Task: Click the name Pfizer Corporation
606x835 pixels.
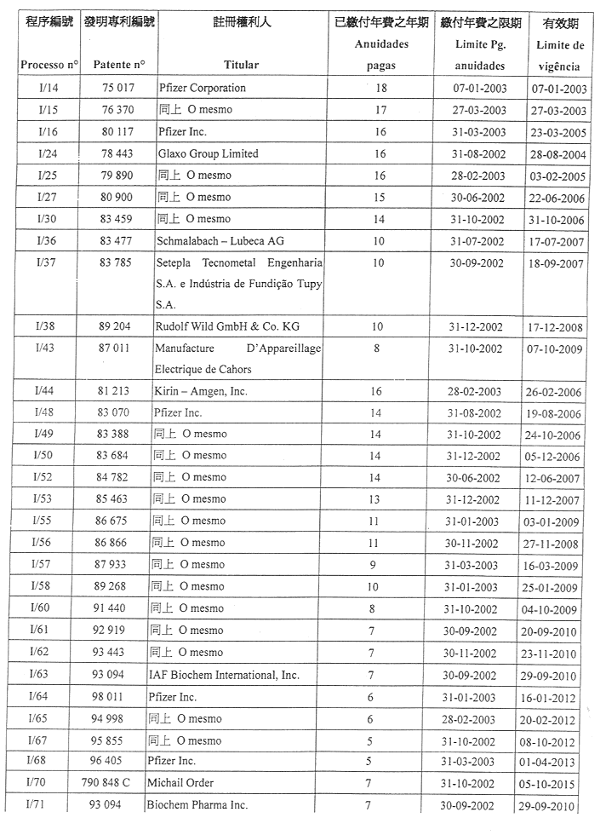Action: [202, 88]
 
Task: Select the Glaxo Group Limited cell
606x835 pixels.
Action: [208, 153]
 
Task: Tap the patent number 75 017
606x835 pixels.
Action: [118, 88]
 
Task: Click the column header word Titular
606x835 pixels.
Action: [242, 65]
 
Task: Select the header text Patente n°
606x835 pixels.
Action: [119, 65]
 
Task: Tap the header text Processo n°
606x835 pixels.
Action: [49, 65]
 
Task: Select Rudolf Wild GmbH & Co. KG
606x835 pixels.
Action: [227, 326]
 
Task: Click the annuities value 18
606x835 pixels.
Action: [380, 88]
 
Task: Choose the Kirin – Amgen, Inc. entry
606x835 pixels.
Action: [201, 391]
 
